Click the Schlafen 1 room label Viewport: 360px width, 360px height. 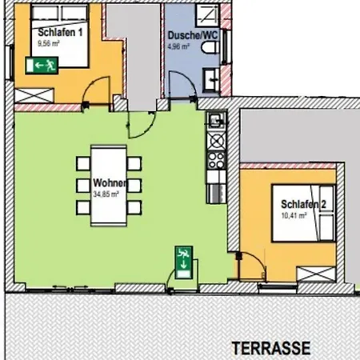(x=60, y=33)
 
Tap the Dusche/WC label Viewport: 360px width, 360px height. (x=193, y=35)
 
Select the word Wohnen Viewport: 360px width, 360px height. (x=110, y=183)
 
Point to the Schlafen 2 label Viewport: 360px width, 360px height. (x=303, y=204)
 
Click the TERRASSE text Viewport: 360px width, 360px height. (x=271, y=348)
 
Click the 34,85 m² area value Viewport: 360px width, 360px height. (x=106, y=194)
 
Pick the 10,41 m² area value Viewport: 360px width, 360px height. (x=294, y=215)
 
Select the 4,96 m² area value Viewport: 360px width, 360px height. (x=178, y=46)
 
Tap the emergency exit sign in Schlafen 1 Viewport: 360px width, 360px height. (x=42, y=65)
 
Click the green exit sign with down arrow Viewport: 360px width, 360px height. (x=184, y=262)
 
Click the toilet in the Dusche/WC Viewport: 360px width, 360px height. (x=210, y=48)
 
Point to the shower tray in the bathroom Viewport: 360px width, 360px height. (x=208, y=14)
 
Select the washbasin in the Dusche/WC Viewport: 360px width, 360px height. (x=211, y=79)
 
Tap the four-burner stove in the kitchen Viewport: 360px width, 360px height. (x=216, y=160)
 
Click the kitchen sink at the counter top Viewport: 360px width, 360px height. (x=216, y=121)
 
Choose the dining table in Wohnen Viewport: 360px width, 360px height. (x=109, y=186)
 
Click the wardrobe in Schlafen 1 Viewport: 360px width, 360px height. (x=34, y=95)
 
